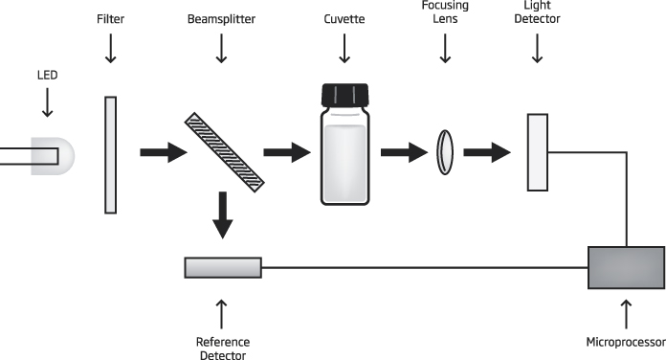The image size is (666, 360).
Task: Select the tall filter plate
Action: [x=110, y=155]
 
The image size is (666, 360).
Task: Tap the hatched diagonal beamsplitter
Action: [x=224, y=152]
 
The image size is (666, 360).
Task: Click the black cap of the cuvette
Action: [x=344, y=95]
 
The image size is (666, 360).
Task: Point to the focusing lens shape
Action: [x=445, y=152]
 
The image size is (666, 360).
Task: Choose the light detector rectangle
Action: [x=538, y=152]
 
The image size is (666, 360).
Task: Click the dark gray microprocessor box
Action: [x=627, y=267]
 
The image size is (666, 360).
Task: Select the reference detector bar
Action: [x=223, y=268]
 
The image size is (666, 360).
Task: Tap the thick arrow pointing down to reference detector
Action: [x=223, y=215]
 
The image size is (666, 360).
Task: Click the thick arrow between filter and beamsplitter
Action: [x=164, y=152]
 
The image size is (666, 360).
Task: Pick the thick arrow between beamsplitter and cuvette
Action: [x=287, y=152]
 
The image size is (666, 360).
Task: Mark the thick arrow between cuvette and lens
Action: [x=405, y=152]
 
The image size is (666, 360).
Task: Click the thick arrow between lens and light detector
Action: [x=487, y=152]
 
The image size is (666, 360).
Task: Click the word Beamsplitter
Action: [x=221, y=19]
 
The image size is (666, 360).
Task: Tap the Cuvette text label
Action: [x=344, y=19]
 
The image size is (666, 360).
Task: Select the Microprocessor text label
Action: [x=626, y=342]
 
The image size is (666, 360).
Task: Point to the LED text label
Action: [x=47, y=76]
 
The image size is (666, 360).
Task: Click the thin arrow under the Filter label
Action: [x=111, y=49]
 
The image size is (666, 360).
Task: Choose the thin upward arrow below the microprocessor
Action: [x=626, y=314]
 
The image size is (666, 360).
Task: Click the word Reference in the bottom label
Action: [x=223, y=342]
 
